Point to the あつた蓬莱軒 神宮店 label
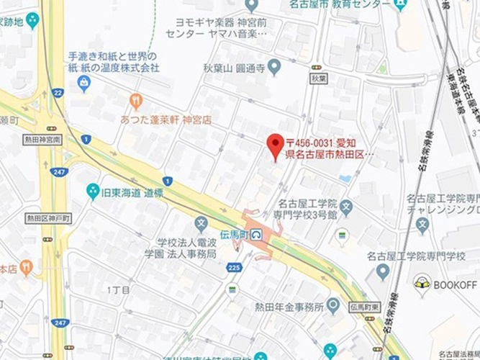tap(166, 120)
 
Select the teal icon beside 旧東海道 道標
tap(93, 191)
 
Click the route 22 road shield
tap(57, 92)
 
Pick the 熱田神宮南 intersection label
tap(43, 138)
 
